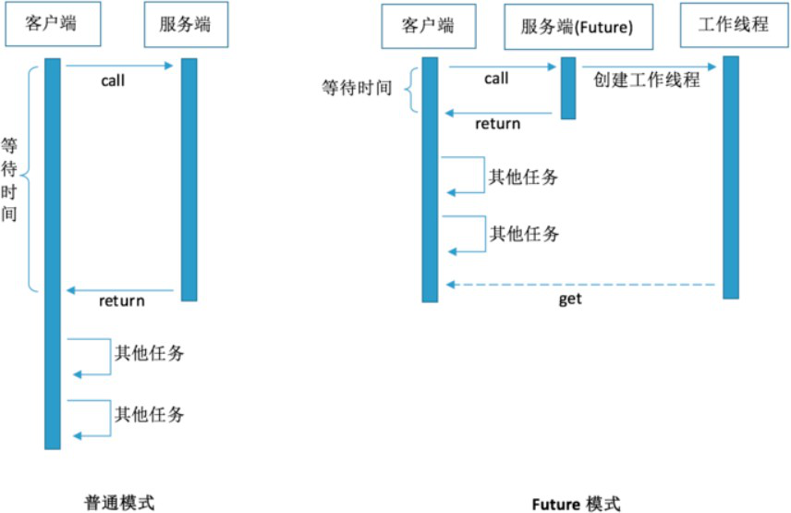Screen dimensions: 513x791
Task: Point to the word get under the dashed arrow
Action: [570, 300]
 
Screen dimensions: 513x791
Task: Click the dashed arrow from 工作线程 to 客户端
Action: [582, 285]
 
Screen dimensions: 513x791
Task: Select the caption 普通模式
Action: [116, 501]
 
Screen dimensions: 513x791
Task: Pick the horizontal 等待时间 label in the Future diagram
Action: [357, 89]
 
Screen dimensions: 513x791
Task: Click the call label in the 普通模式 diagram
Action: [113, 80]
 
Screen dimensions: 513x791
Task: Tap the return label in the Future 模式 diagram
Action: [497, 124]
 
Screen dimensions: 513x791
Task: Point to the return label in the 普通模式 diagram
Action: [121, 300]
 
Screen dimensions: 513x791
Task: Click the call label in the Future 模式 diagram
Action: [496, 79]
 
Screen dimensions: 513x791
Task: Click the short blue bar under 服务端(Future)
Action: [568, 88]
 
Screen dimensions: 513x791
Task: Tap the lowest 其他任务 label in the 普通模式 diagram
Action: [149, 414]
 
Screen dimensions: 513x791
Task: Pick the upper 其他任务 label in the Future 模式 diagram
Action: [524, 177]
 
